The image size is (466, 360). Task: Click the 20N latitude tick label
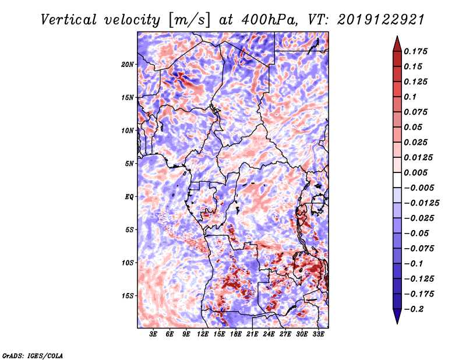pos(128,64)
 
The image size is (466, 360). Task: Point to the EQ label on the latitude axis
pos(129,196)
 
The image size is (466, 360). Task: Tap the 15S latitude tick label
pos(128,295)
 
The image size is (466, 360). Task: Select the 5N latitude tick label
pos(129,163)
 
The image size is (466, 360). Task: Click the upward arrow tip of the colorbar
pos(396,37)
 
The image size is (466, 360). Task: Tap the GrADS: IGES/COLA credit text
pos(33,355)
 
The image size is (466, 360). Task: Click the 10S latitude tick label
pos(128,263)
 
